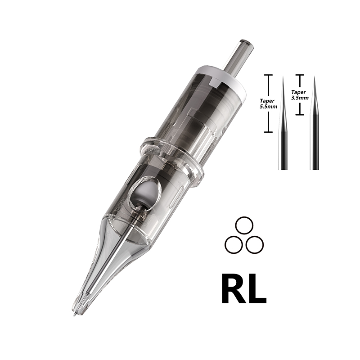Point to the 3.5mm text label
pyautogui.click(x=300, y=96)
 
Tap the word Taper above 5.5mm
pyautogui.click(x=269, y=102)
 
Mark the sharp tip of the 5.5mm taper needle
pyautogui.click(x=283, y=76)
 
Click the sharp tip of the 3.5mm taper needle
pyautogui.click(x=315, y=76)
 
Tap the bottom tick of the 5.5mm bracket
pyautogui.click(x=269, y=132)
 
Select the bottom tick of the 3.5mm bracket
pyautogui.click(x=300, y=114)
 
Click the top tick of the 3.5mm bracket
pyautogui.click(x=300, y=75)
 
